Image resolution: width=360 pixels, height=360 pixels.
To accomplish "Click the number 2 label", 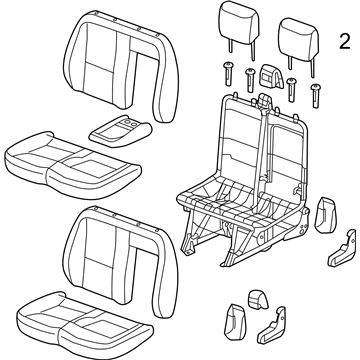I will pyautogui.click(x=343, y=43).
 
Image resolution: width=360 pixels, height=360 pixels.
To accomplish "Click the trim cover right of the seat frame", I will pyautogui.click(x=324, y=214).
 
